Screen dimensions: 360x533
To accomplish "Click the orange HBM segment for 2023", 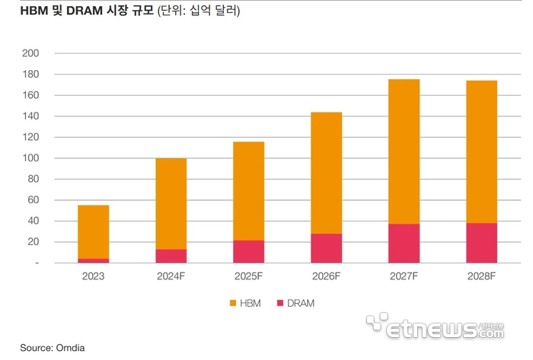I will click(x=93, y=231).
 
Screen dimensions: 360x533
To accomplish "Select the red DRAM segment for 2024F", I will click(x=171, y=256).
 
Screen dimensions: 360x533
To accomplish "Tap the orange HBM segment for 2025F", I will click(x=248, y=191).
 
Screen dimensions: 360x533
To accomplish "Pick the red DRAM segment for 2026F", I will click(x=326, y=248).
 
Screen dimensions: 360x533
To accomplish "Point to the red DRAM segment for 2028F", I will click(x=481, y=243).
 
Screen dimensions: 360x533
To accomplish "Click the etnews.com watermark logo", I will click(x=434, y=329).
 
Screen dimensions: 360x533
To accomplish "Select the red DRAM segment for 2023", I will click(x=93, y=260).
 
